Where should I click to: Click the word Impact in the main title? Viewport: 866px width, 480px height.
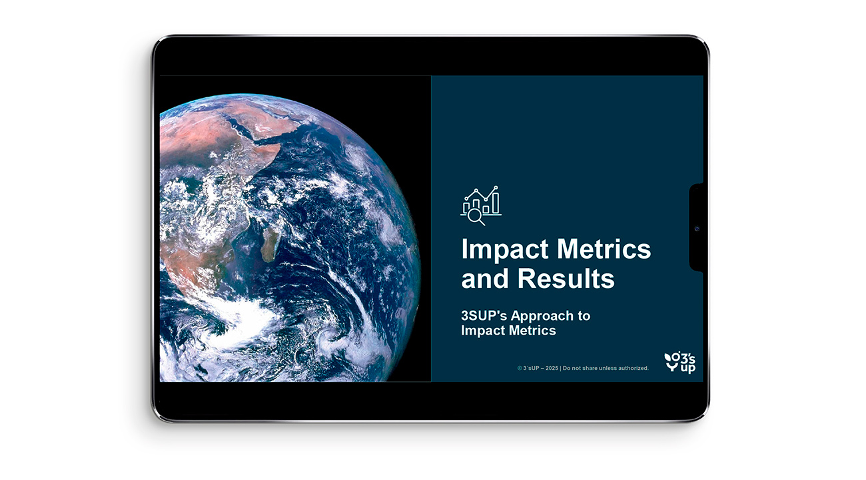(x=505, y=249)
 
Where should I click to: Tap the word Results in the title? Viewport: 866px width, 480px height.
(x=566, y=279)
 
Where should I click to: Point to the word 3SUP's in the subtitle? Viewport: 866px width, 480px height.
(x=484, y=315)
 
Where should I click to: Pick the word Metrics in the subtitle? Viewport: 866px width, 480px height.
(x=532, y=331)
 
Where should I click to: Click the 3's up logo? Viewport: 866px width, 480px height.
(x=679, y=363)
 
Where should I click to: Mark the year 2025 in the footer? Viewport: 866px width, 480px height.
(x=552, y=368)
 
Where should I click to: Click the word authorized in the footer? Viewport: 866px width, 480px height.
(x=633, y=368)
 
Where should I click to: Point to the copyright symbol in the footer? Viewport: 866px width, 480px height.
(x=520, y=368)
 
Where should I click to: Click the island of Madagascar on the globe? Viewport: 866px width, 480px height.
(x=270, y=244)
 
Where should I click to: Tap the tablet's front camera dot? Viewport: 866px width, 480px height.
(x=697, y=229)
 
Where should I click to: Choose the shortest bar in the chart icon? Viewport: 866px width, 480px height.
(x=486, y=209)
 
